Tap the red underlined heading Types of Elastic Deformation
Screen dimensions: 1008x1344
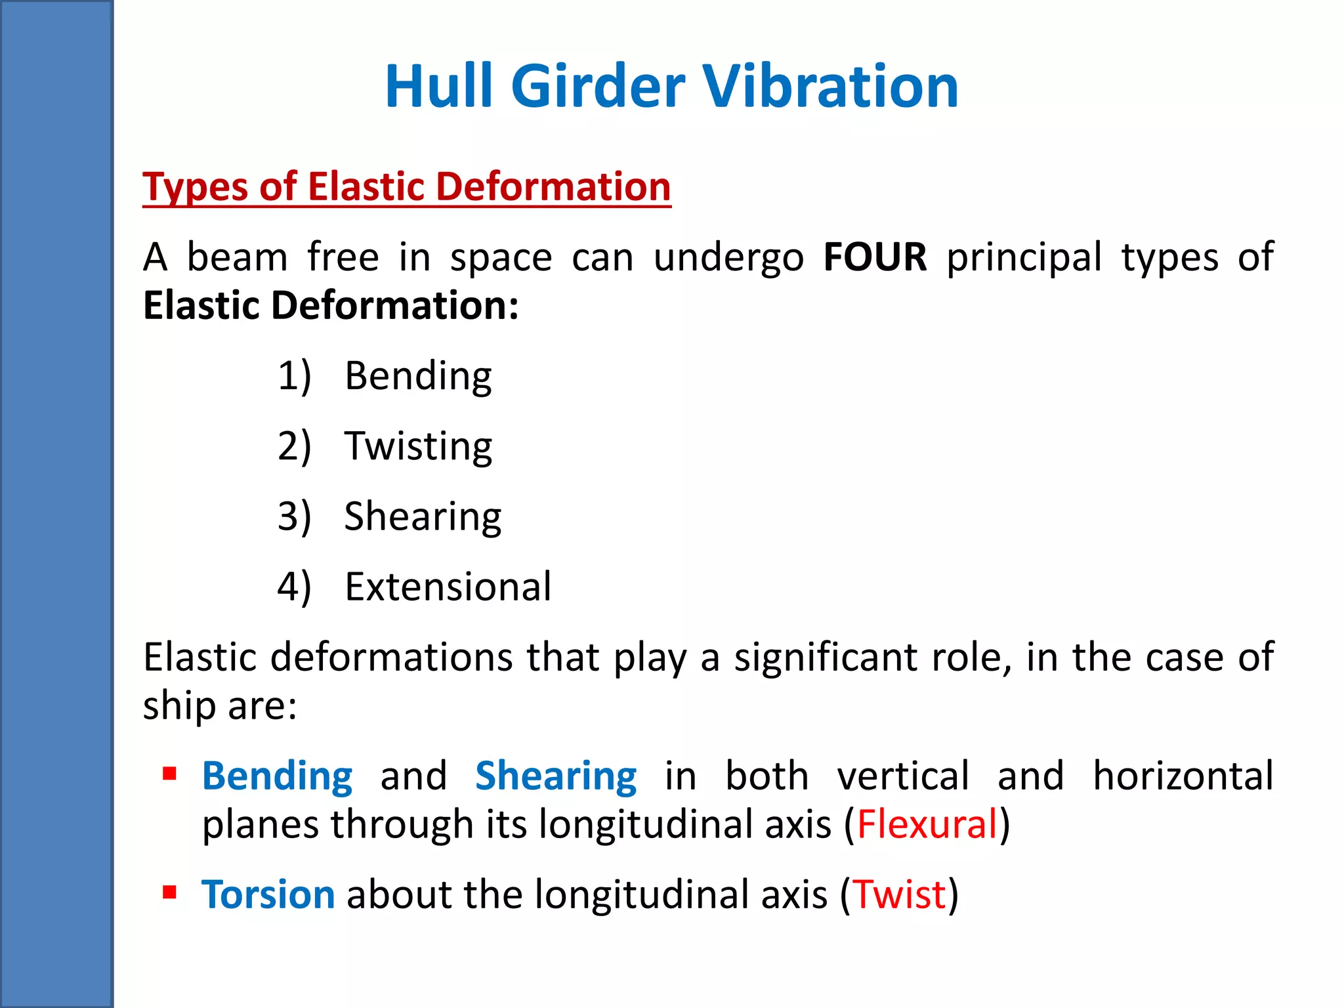407,187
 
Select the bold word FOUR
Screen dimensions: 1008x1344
875,257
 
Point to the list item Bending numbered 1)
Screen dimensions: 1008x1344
418,376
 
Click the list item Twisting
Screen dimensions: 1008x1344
418,446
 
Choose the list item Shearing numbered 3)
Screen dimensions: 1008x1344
423,516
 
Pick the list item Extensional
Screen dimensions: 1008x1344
448,587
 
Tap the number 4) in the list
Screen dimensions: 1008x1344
294,587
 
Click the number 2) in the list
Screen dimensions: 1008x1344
294,446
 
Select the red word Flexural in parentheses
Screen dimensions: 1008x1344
927,824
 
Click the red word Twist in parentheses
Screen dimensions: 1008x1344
900,894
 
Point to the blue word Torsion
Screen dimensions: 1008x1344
268,894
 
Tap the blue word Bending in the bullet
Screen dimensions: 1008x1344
277,776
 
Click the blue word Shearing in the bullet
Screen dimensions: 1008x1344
556,776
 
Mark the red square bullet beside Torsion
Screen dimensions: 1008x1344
170,892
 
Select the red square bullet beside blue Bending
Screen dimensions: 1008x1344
170,774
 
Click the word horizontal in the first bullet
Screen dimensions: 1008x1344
1183,776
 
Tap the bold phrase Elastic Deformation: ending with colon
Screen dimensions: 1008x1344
331,306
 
